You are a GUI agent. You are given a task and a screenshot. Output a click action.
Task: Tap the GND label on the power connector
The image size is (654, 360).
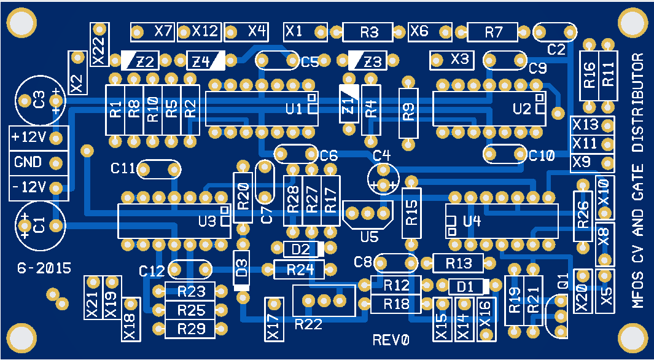[28, 162]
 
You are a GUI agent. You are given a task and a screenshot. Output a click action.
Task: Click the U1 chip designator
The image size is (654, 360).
[294, 109]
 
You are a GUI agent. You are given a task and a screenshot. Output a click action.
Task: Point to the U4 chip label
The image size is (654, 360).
[472, 221]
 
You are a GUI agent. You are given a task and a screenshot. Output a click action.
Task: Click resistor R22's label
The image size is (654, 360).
[308, 324]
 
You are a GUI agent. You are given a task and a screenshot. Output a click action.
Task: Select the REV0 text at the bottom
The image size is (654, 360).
[391, 340]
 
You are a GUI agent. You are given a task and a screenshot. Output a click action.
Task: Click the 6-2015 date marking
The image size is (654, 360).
[44, 268]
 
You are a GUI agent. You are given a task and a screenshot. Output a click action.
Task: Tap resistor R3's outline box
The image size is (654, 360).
[368, 33]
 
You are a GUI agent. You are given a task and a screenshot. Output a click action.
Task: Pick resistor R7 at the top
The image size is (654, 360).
[492, 33]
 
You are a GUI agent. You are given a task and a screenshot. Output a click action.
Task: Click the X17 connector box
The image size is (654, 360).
[274, 319]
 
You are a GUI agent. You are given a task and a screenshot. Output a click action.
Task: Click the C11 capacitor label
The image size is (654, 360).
[123, 168]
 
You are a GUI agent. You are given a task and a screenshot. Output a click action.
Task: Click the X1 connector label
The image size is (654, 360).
[295, 31]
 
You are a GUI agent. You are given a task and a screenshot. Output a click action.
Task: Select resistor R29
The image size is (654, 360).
[190, 329]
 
